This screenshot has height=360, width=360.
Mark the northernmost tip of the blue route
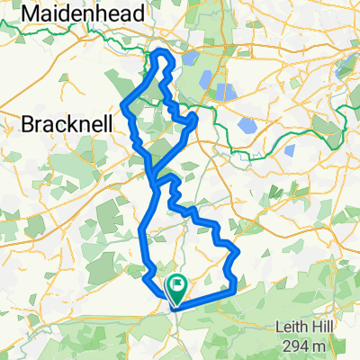pyautogui.click(x=163, y=51)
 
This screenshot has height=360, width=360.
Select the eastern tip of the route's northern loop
pyautogui.click(x=195, y=116)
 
